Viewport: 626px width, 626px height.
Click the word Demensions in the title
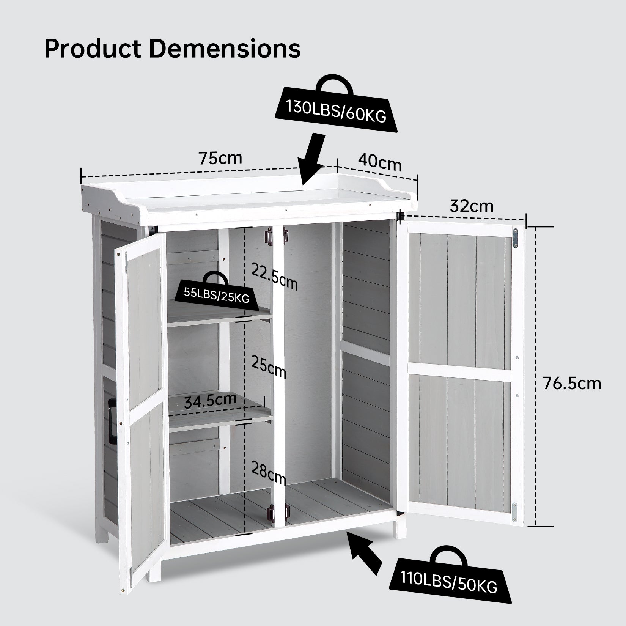tap(225, 49)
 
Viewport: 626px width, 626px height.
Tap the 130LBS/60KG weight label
tap(336, 110)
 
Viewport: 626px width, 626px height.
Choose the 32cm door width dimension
tap(472, 206)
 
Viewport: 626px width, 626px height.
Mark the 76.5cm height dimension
tap(572, 383)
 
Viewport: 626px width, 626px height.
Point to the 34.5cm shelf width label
tap(210, 400)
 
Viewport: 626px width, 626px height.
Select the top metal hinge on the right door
tap(516, 238)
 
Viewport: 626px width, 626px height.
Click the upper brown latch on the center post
tap(269, 236)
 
